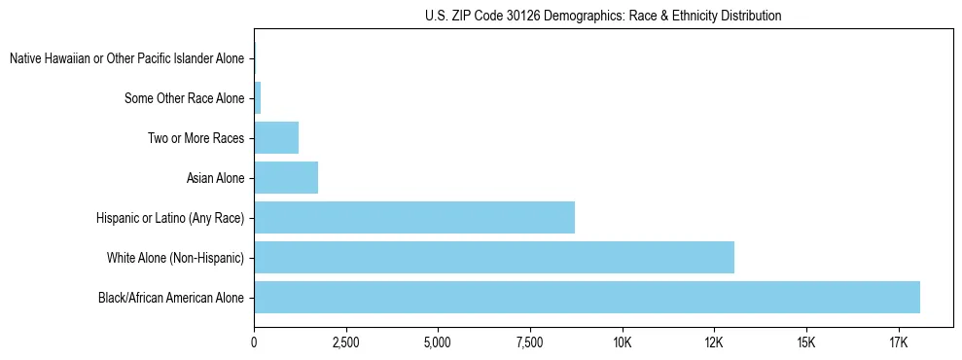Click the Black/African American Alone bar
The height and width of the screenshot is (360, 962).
pyautogui.click(x=587, y=297)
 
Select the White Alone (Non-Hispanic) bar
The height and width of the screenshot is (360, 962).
pyautogui.click(x=494, y=257)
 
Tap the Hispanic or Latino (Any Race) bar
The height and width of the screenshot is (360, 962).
pyautogui.click(x=414, y=217)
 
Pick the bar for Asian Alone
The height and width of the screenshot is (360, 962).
pyautogui.click(x=286, y=178)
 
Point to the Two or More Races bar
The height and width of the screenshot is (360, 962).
pyautogui.click(x=276, y=138)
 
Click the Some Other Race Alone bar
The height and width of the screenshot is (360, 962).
pyautogui.click(x=258, y=98)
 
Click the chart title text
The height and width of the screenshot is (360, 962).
pyautogui.click(x=603, y=16)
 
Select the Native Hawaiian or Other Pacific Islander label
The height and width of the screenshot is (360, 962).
pyautogui.click(x=126, y=59)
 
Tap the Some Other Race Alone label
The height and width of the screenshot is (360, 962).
pyautogui.click(x=185, y=98)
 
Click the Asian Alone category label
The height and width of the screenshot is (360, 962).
pyautogui.click(x=215, y=178)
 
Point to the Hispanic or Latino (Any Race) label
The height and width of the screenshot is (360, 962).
pyautogui.click(x=170, y=218)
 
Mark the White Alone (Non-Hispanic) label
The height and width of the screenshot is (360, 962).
pyautogui.click(x=176, y=257)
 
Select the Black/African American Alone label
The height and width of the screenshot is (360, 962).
pyautogui.click(x=171, y=297)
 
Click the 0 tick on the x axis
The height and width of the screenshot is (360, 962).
pyautogui.click(x=254, y=342)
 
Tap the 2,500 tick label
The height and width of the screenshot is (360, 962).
pyautogui.click(x=345, y=342)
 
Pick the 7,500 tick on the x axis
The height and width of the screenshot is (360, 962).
pyautogui.click(x=530, y=342)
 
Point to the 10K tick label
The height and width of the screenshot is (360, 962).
pyautogui.click(x=623, y=342)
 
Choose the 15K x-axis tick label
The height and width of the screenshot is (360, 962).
pyautogui.click(x=806, y=342)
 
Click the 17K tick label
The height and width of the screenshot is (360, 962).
pyautogui.click(x=898, y=342)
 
